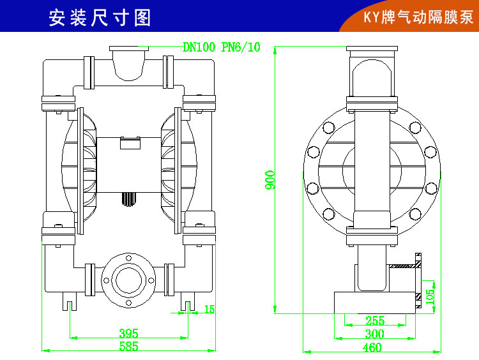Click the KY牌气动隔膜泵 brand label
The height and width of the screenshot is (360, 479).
pyautogui.click(x=418, y=17)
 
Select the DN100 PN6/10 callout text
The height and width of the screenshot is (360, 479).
pyautogui.click(x=222, y=47)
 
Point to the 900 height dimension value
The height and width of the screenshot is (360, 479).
pyautogui.click(x=271, y=179)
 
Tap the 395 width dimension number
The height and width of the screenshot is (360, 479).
pyautogui.click(x=129, y=333)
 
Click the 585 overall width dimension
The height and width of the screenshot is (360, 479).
pyautogui.click(x=128, y=347)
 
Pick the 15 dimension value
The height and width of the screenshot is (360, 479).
pyautogui.click(x=209, y=310)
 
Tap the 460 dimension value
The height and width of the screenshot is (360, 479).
pyautogui.click(x=372, y=348)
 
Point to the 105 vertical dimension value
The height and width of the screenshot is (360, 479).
pyautogui.click(x=430, y=296)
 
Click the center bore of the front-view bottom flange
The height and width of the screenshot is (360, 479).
pyautogui.click(x=129, y=279)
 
